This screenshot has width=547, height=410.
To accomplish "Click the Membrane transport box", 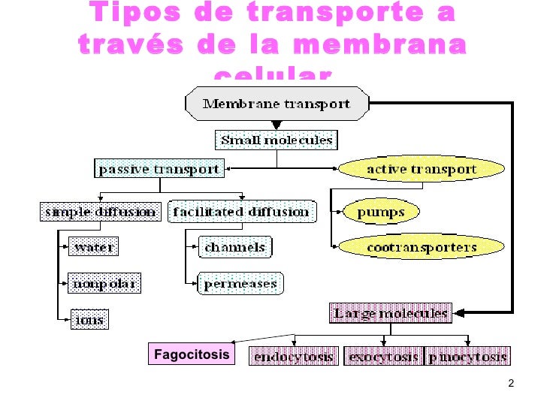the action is (277, 104).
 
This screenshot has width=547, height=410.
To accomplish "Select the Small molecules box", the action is (276, 140).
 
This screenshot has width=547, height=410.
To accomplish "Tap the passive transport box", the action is (159, 169).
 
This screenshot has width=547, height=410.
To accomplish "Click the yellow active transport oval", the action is (421, 169).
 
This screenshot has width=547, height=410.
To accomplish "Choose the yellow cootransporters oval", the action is (421, 246).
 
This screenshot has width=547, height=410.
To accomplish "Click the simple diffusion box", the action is (100, 212).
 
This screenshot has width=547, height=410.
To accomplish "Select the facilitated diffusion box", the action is (241, 212).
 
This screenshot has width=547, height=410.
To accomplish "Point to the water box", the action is (92, 246).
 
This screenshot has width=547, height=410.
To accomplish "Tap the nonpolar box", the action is (104, 284).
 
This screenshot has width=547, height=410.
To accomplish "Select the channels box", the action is (234, 246).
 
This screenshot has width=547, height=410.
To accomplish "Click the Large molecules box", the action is (391, 312).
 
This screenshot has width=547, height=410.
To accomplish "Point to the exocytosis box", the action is (383, 357).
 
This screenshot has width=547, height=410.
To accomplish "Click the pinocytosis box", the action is (468, 357).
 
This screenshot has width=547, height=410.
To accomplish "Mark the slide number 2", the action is (511, 385).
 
